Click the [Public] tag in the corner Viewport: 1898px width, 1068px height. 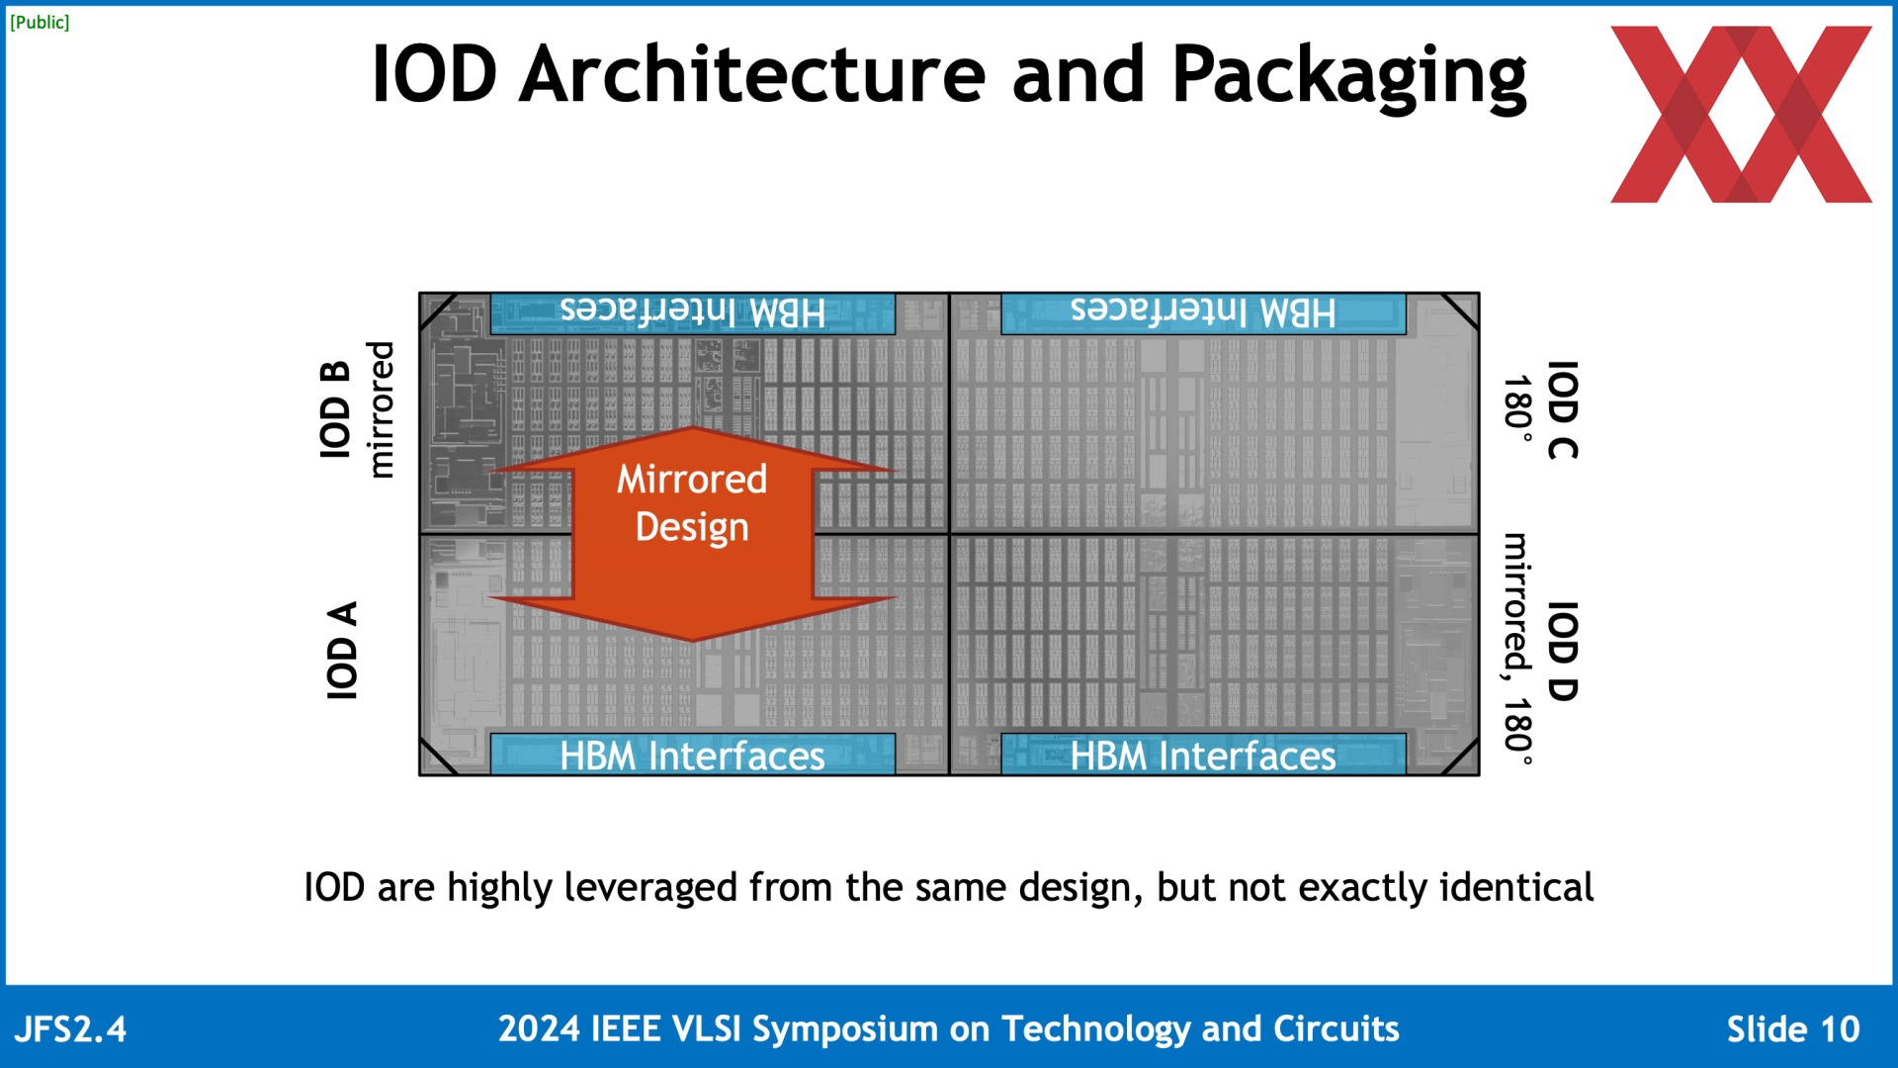40,22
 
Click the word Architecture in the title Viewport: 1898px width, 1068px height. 752,74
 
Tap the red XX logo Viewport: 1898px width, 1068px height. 1741,115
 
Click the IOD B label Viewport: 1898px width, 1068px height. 336,409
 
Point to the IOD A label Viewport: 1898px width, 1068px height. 342,650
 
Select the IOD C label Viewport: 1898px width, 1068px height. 1562,410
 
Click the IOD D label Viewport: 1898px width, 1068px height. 1562,652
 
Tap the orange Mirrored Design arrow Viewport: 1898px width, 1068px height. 693,534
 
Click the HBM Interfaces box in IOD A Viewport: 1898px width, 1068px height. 693,755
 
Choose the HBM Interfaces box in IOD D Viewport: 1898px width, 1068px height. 1203,755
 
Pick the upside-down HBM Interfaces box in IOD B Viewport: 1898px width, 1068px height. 693,313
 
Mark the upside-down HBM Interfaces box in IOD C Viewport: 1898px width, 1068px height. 1203,313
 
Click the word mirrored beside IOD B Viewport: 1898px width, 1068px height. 381,409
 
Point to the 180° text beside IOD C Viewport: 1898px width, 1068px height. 1517,408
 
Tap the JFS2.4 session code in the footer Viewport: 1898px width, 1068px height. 70,1029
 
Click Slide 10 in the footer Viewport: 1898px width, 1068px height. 1793,1029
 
